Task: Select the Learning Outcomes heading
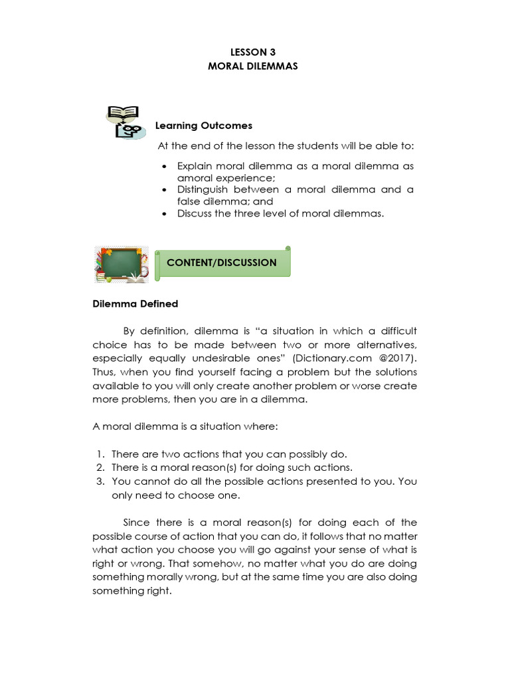203,126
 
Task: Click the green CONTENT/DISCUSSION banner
222,262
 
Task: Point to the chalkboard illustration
120,264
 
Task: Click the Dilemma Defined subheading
135,304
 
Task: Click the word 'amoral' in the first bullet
193,178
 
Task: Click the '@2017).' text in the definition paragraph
398,358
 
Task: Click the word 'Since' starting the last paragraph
136,523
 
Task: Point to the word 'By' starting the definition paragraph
129,331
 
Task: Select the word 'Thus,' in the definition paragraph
104,372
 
